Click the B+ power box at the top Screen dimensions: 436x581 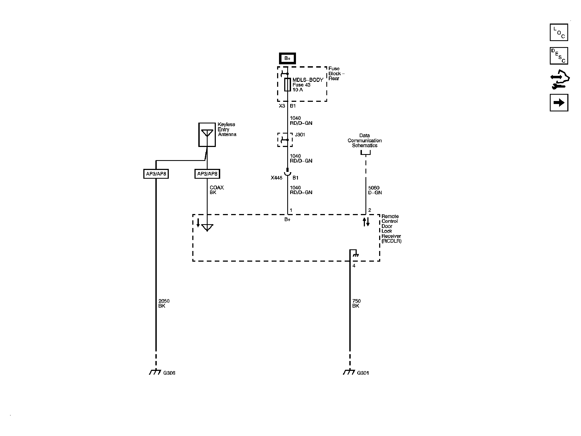287,58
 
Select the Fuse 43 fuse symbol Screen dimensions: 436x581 287,85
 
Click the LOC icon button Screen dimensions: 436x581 559,32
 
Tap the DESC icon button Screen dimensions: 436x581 559,56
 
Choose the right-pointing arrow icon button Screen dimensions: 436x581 559,103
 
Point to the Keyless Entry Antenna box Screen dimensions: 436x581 207,134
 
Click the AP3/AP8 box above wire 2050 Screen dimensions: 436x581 156,174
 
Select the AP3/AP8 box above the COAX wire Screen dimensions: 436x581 207,174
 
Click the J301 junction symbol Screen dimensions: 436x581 285,140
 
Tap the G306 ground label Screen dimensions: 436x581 169,373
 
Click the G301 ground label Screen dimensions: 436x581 363,373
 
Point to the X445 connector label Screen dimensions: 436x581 276,178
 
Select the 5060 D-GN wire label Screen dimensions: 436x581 375,190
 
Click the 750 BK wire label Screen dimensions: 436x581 356,304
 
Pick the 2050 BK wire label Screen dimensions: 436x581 164,304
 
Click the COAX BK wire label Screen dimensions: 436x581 217,190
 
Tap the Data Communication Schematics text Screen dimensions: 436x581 365,140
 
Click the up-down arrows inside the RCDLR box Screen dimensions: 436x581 366,222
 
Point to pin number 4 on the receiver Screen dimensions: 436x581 354,266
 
